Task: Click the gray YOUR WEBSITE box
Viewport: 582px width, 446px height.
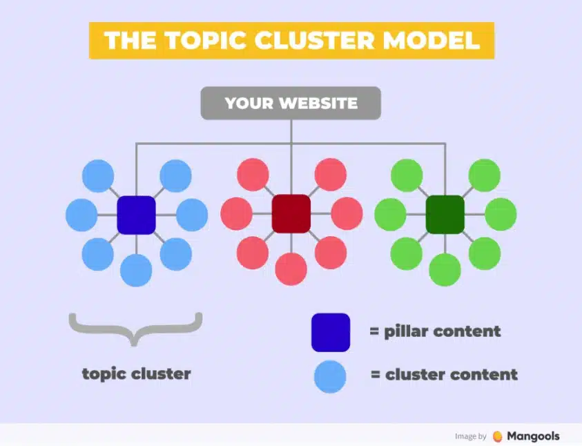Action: (x=291, y=104)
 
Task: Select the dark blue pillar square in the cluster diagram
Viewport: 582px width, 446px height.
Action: (x=136, y=215)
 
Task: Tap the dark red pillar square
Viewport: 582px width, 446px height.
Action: (x=291, y=214)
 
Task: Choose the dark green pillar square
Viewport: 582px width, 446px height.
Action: (x=445, y=214)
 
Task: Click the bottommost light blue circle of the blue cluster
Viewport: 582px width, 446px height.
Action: (x=136, y=270)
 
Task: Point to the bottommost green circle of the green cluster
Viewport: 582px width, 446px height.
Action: (x=445, y=269)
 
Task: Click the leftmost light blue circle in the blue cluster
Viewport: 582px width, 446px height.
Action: (x=81, y=215)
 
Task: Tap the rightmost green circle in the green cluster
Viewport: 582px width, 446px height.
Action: (x=501, y=214)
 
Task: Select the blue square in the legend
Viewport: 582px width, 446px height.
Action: (x=330, y=332)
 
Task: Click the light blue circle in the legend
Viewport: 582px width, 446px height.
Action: (x=330, y=376)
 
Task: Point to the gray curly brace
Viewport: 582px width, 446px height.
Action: (x=135, y=329)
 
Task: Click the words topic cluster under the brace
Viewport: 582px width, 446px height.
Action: (x=136, y=374)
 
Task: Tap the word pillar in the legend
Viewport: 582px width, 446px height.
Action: (x=407, y=331)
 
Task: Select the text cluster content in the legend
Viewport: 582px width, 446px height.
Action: (x=452, y=376)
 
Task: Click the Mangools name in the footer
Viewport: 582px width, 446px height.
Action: (x=533, y=436)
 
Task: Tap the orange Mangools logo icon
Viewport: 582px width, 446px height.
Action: (x=498, y=436)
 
